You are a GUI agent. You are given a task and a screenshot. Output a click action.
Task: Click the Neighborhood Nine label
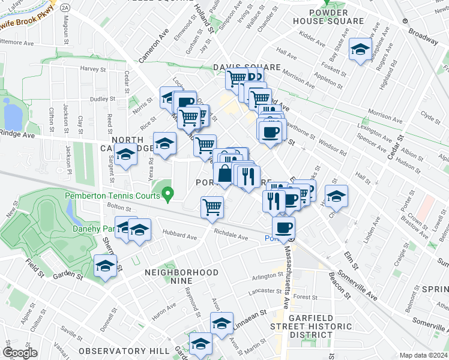pyautogui.click(x=181, y=272)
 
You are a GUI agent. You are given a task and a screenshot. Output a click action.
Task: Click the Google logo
pyautogui.click(x=20, y=352)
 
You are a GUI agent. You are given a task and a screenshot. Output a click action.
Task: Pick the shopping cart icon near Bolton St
pyautogui.click(x=212, y=208)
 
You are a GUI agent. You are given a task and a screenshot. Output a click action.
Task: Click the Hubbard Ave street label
pyautogui.click(x=179, y=236)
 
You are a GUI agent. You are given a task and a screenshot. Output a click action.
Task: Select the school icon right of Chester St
pyautogui.click(x=336, y=196)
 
